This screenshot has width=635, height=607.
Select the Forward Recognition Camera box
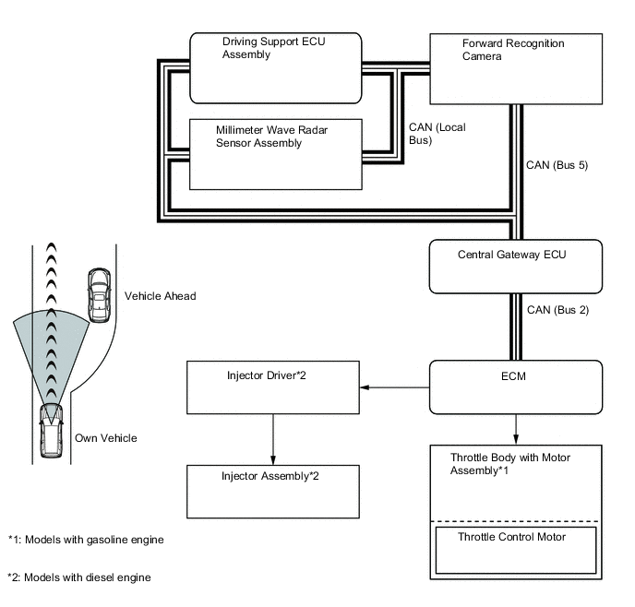(516, 68)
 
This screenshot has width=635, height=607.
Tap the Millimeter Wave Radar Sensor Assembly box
(275, 154)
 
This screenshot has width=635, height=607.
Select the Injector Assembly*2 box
(273, 492)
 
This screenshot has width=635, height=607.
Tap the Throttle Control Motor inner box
(515, 550)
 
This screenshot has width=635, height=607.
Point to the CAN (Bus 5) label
(557, 166)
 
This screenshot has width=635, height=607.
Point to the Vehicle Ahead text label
(160, 296)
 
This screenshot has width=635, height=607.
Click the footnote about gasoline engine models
(86, 540)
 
